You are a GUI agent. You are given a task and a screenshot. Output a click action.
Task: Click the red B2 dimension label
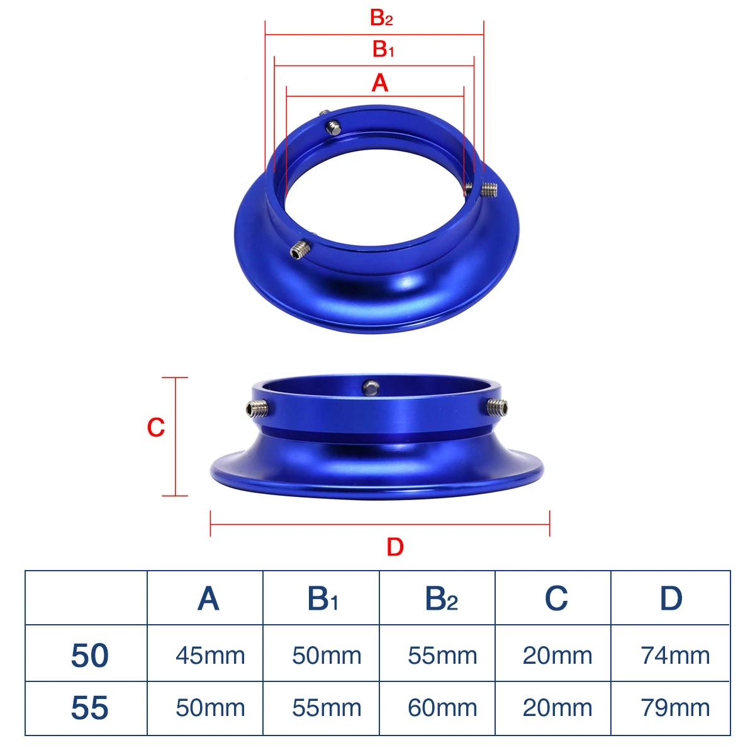click(381, 18)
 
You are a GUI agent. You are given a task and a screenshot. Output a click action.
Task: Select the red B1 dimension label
click(383, 50)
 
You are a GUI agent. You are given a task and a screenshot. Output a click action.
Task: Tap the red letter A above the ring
click(379, 83)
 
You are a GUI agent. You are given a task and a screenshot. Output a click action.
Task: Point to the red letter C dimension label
click(155, 427)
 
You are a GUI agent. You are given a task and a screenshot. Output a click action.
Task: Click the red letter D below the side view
click(395, 547)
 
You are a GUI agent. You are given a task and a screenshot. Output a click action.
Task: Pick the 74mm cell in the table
click(675, 656)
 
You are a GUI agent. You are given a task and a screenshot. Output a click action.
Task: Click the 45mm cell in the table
click(210, 656)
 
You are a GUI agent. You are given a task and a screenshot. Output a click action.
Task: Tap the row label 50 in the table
click(90, 655)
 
